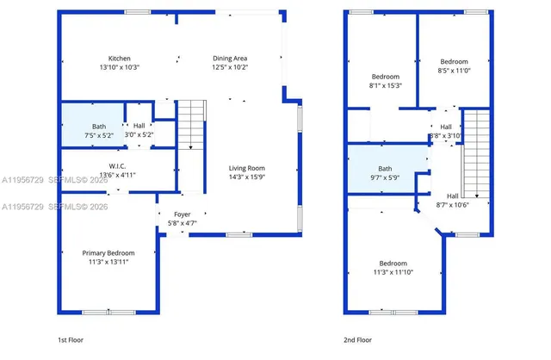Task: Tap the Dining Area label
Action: point(230,58)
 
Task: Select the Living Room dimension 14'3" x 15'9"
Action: point(246,177)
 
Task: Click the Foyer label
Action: point(183,214)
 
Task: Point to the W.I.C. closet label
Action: point(118,165)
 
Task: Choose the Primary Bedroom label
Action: point(108,252)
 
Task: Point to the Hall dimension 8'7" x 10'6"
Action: point(452,205)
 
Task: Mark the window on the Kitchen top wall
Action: point(136,12)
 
